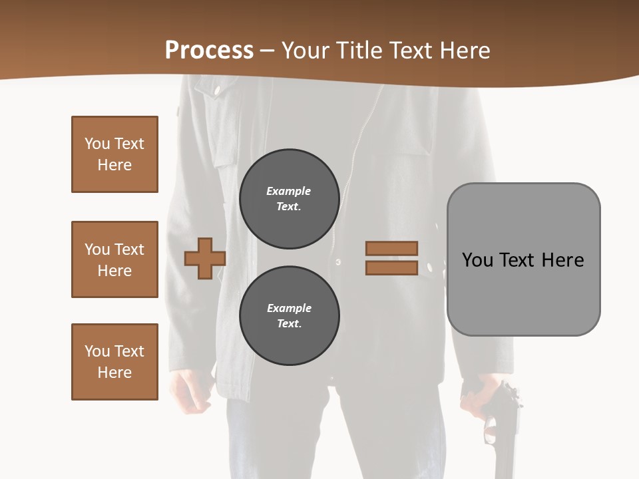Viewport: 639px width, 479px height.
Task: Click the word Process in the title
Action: pos(209,50)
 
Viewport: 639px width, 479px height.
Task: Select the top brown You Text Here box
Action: pos(114,154)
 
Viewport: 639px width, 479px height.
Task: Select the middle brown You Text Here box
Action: pos(114,259)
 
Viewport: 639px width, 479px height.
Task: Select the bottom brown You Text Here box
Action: pos(114,362)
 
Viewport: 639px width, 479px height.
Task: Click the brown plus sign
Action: pos(204,259)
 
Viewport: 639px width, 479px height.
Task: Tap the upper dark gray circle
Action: pos(290,199)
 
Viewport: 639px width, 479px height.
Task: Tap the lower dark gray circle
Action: pos(290,316)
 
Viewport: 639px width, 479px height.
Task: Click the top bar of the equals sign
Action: pos(392,248)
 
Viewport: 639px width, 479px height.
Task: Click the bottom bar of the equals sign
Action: pos(392,268)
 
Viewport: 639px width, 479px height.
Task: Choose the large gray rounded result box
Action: pos(523,259)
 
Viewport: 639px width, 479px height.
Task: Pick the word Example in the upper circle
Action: pos(288,191)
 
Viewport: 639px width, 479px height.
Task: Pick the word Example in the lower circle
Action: pos(289,308)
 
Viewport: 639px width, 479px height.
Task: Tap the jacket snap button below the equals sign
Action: pos(429,267)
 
